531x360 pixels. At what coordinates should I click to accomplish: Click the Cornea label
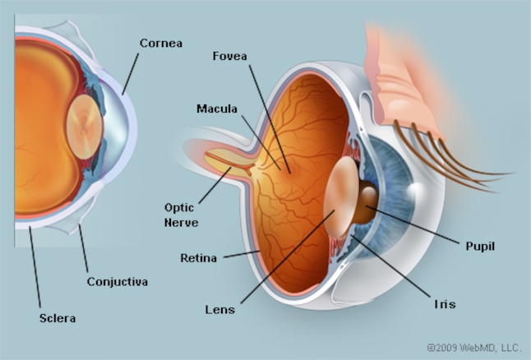point(161,44)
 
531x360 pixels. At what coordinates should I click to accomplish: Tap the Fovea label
point(229,56)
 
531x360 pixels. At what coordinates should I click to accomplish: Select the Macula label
point(217,108)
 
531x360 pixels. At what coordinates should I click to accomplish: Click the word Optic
point(179,208)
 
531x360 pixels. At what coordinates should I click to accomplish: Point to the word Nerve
point(181,223)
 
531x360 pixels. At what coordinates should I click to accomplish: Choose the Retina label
point(198,258)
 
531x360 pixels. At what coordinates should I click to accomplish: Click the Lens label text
point(219,310)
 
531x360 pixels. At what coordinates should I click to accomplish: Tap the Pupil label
point(480,247)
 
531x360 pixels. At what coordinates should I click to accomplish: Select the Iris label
point(445,304)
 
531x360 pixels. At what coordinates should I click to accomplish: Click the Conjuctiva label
point(118,281)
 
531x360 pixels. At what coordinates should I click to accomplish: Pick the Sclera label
point(58,318)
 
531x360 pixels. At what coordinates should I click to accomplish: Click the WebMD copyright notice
point(474,348)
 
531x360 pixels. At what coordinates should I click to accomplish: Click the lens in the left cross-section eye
point(84,127)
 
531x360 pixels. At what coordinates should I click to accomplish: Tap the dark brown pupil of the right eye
point(366,202)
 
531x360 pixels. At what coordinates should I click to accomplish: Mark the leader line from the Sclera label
point(35,267)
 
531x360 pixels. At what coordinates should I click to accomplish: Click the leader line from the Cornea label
point(131,74)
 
